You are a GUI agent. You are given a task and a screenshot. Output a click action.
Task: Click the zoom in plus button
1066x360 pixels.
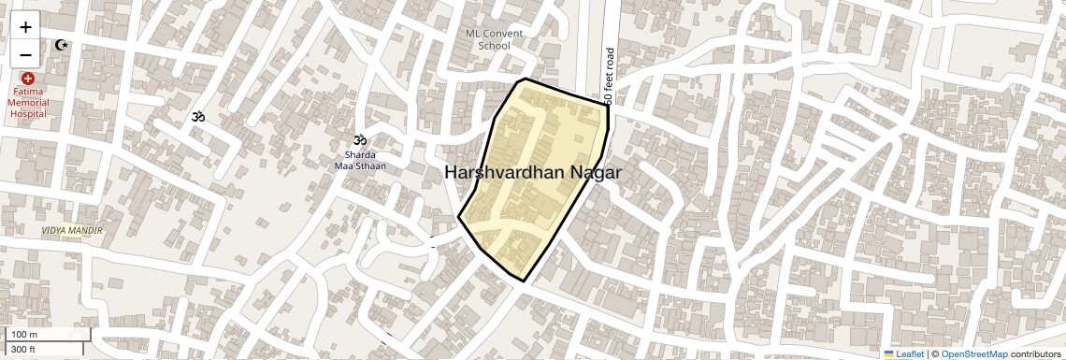coord(25,27)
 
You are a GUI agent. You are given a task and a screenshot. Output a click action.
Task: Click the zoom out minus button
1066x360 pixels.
coord(25,53)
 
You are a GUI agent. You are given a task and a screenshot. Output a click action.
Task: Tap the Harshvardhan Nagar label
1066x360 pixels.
coord(532,173)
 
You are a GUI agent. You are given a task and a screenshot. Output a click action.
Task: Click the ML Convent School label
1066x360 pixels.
coord(494,39)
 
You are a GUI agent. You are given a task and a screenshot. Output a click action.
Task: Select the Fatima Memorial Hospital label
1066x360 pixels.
coord(28,103)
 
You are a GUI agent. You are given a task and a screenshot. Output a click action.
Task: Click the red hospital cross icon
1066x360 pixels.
coord(28,79)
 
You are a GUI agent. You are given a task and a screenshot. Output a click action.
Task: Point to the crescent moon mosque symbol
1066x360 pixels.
coord(63,45)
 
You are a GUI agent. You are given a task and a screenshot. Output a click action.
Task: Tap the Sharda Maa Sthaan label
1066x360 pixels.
coord(360,160)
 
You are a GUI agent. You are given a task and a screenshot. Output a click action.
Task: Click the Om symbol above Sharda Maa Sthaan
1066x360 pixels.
coord(360,138)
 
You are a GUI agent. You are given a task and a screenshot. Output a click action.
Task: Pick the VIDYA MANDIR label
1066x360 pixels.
coord(72,230)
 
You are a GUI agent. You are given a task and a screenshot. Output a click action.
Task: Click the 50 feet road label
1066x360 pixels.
coord(609,76)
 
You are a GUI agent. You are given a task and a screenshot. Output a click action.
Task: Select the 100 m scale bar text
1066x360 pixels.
coord(24,335)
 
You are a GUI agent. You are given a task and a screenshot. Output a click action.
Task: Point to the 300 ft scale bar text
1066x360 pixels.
coord(23,350)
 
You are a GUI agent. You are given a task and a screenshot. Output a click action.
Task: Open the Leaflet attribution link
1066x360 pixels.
coord(910,354)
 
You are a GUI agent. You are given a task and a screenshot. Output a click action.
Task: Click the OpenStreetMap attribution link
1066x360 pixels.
coord(974,354)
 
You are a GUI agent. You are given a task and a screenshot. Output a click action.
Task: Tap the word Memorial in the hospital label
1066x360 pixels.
coord(28,103)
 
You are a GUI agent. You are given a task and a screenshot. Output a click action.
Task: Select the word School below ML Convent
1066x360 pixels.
coord(494,46)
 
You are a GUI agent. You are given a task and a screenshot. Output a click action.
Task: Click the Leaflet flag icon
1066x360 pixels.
coord(889,354)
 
